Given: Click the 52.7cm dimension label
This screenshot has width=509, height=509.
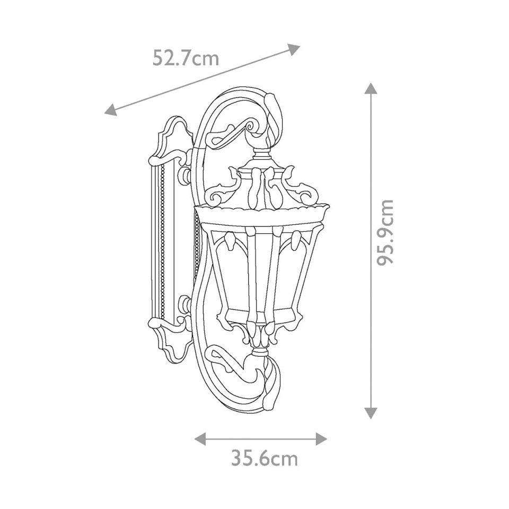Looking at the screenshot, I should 186,57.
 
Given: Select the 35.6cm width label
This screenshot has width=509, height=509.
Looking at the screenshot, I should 264,458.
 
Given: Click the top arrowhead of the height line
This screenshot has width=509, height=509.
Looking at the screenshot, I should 371,87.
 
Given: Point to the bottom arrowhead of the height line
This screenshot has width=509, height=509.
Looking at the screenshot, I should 371,413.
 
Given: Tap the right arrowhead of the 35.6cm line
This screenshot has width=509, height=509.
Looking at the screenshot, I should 321,438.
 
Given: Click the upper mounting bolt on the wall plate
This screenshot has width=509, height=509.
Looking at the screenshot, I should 186,176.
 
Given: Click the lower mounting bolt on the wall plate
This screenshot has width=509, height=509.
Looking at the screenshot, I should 186,304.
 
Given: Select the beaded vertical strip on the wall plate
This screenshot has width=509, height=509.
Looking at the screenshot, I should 162,239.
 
